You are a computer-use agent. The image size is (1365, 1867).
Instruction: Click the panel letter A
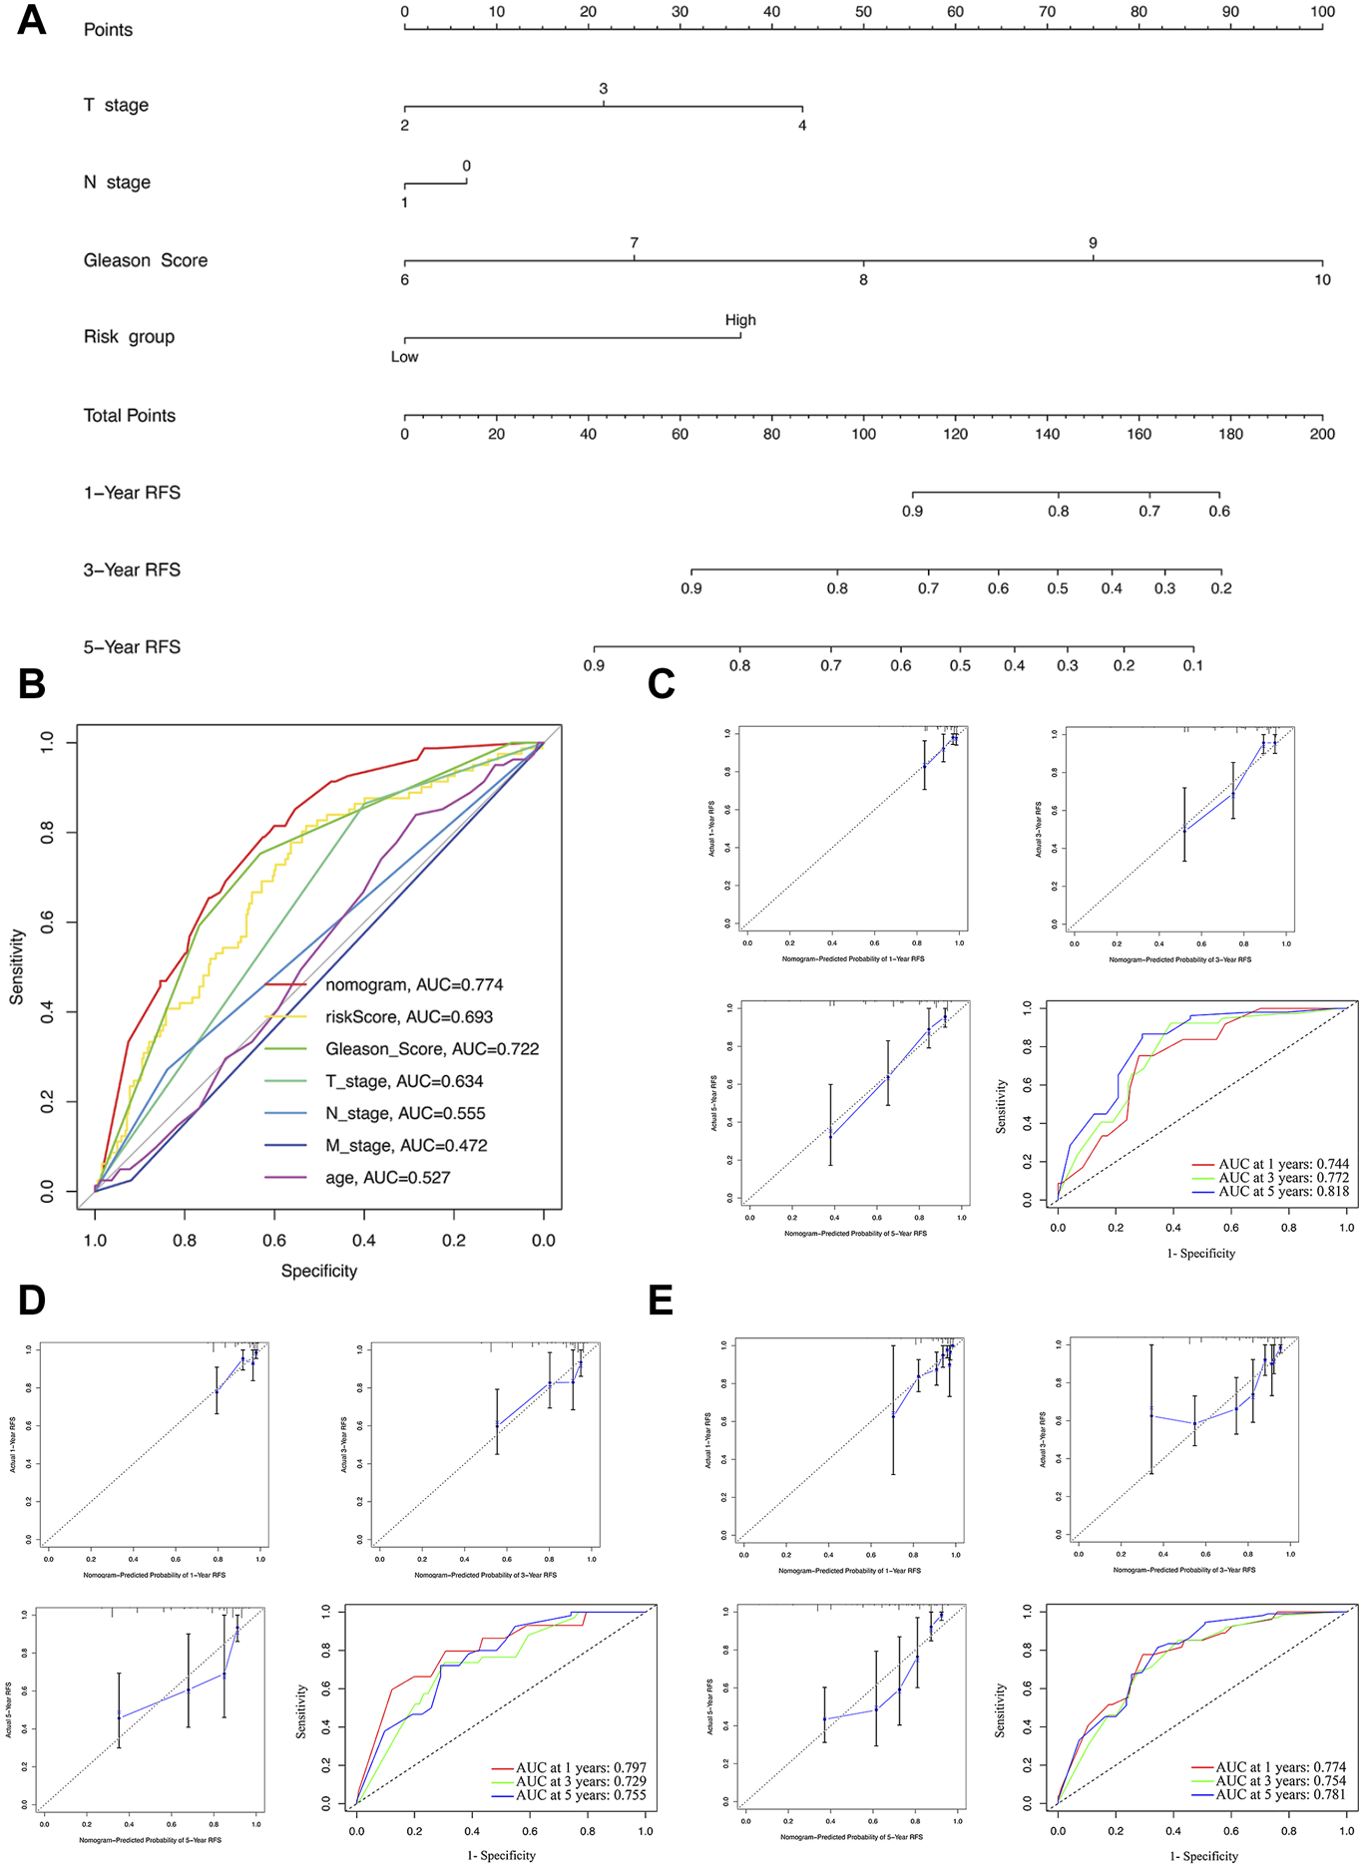point(31,21)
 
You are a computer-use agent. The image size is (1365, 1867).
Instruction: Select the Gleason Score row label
point(146,260)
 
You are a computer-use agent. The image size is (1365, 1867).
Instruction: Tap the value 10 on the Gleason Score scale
point(1322,280)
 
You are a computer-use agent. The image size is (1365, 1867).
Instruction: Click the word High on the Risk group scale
point(740,320)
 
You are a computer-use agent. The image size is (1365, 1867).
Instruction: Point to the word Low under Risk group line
point(404,357)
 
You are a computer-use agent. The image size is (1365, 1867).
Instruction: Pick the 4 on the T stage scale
point(802,126)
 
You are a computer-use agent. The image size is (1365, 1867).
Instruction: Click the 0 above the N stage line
point(466,166)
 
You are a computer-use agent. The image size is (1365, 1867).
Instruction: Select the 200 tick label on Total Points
point(1322,434)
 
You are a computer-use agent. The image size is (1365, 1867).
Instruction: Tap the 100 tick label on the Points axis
point(1322,12)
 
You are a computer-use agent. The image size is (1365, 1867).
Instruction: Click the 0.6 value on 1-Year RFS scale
point(1219,512)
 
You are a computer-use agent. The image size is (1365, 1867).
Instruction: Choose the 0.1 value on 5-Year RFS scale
point(1193,665)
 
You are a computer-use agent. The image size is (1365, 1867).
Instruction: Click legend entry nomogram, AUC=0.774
point(414,985)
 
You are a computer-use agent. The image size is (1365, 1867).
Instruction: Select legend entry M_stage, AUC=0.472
point(406,1146)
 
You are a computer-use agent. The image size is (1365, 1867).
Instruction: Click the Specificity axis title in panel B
point(318,1271)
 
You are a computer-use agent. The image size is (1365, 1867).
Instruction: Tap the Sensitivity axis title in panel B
point(17,966)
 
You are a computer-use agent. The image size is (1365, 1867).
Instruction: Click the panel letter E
point(661,1302)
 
